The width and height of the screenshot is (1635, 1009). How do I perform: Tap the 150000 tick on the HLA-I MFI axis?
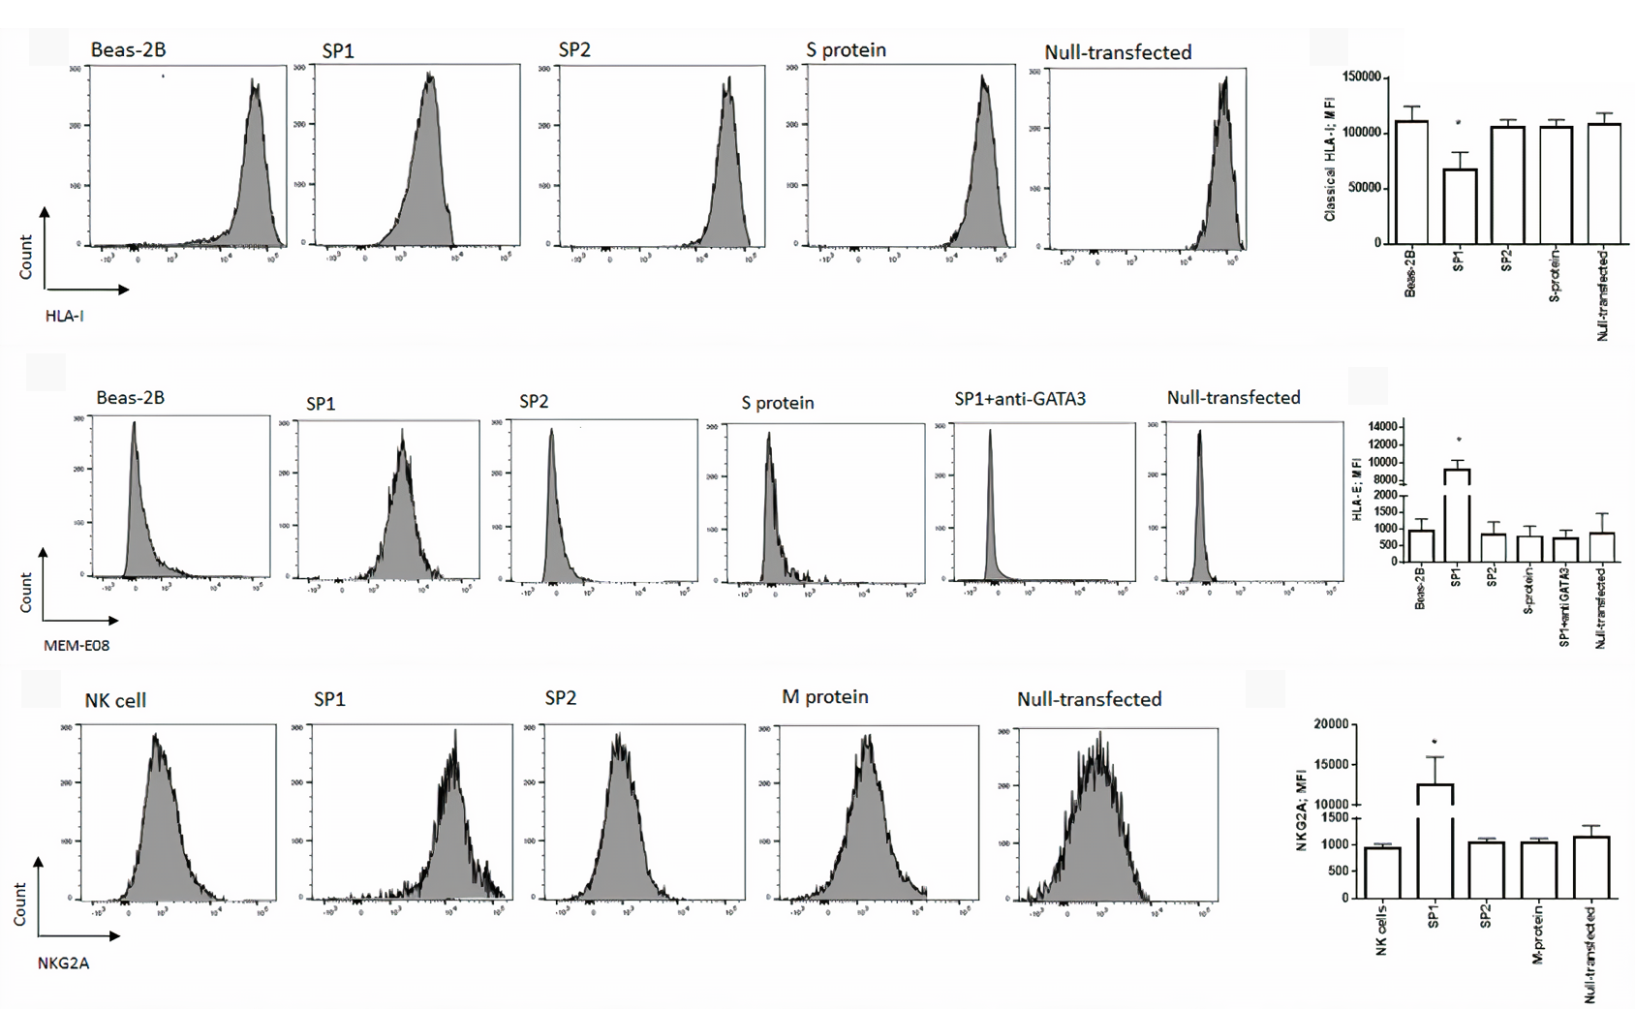click(x=1362, y=77)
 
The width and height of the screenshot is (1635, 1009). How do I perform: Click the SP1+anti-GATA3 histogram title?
click(x=1020, y=399)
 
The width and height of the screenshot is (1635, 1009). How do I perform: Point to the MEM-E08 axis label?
click(x=77, y=646)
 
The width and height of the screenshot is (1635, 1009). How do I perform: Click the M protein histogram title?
click(x=825, y=697)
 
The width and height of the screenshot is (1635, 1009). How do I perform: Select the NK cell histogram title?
click(x=115, y=700)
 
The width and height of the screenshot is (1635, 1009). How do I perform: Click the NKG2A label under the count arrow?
click(x=64, y=963)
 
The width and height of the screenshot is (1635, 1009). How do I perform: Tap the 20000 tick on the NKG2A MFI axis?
click(x=1331, y=724)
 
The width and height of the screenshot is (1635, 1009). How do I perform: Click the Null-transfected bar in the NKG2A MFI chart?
click(x=1591, y=868)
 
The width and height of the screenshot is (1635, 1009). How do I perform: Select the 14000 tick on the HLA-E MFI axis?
click(x=1383, y=427)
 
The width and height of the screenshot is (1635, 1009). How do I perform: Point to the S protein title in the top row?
click(x=846, y=50)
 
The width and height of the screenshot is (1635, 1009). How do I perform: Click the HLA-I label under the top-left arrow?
click(x=65, y=316)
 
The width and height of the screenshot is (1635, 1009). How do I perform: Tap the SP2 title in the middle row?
click(x=534, y=402)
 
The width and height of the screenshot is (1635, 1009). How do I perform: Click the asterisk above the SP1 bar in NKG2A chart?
click(x=1434, y=743)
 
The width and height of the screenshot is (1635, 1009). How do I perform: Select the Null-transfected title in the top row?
click(x=1118, y=52)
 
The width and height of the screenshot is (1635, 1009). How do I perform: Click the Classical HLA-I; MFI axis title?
click(x=1330, y=159)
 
